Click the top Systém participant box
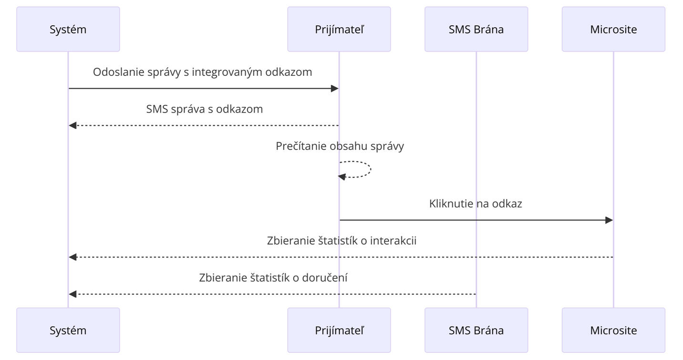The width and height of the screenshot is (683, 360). (68, 29)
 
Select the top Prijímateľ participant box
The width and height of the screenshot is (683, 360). (339, 29)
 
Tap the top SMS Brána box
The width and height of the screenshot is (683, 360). (476, 29)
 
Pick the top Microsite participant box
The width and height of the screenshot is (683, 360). (613, 29)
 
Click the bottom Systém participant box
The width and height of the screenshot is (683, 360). (68, 330)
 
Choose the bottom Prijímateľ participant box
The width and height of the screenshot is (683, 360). (339, 330)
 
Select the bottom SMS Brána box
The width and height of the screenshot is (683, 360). (476, 330)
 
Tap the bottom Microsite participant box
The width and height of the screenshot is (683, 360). (613, 330)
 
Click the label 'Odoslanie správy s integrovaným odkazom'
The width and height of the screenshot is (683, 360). (203, 72)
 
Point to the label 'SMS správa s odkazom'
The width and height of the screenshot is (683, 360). (204, 109)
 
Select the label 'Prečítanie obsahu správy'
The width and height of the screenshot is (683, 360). (340, 146)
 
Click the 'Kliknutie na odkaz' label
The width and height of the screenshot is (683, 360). (476, 204)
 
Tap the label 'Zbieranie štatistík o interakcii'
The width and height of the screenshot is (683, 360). (341, 241)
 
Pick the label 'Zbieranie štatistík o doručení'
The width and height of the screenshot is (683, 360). (273, 278)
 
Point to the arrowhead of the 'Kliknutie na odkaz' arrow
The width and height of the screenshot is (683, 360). (609, 220)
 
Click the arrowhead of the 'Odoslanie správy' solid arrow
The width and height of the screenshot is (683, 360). (335, 88)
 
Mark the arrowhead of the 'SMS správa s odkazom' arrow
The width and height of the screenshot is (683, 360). (72, 125)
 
